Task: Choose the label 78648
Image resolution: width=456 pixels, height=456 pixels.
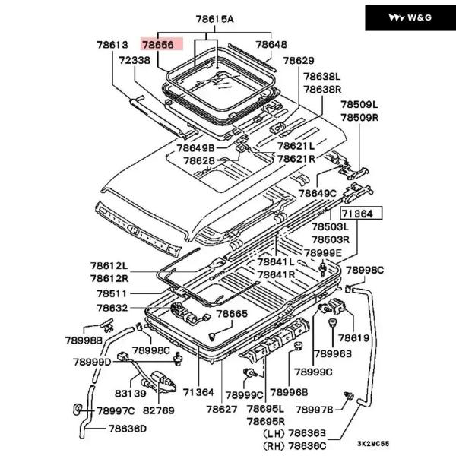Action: point(272,45)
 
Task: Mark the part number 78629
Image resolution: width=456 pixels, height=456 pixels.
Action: point(298,60)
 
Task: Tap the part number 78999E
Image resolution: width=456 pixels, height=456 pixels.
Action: point(323,252)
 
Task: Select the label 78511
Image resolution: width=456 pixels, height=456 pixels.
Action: point(112,293)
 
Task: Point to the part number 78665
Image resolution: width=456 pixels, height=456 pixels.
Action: point(231,313)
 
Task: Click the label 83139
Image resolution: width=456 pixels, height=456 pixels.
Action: point(131,394)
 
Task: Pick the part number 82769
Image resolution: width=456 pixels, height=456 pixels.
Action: point(159,410)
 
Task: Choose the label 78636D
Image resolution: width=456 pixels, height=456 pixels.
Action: point(127,429)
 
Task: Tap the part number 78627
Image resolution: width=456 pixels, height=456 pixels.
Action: point(221,410)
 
